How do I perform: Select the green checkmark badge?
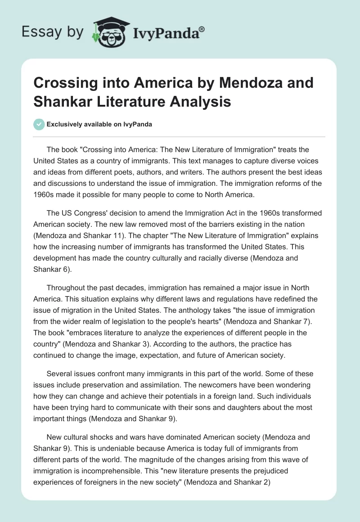pyautogui.click(x=39, y=124)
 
